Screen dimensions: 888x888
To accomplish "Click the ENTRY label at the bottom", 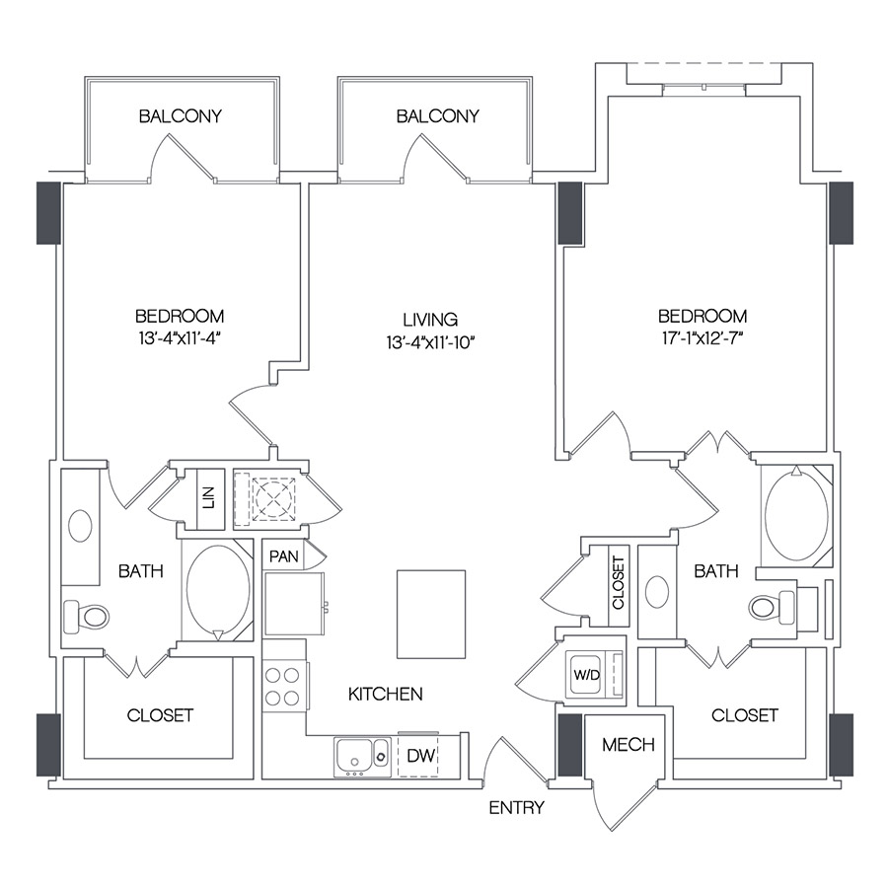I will point(516,808).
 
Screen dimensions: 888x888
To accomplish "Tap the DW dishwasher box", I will point(419,757).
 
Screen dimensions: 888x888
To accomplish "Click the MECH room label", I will point(629,745).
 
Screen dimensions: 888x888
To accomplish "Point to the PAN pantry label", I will point(284,556).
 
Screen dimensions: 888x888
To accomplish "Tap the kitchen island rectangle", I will point(430,614).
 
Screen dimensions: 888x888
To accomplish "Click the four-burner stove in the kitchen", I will point(282,687).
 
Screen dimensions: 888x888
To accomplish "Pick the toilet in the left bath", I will point(88,618).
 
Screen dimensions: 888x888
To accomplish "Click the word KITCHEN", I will point(385,695).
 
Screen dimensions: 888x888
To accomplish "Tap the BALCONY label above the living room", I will point(437,116).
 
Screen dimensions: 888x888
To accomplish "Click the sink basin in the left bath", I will point(80,525).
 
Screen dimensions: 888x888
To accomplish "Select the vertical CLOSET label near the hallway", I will point(619,584).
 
